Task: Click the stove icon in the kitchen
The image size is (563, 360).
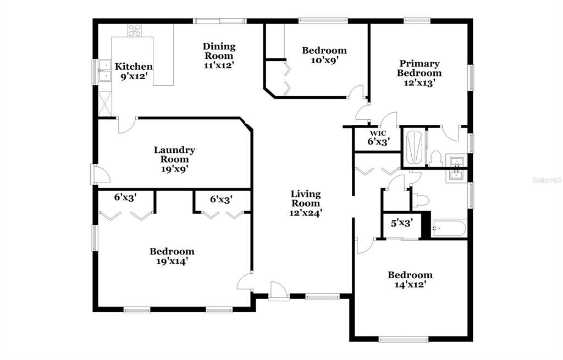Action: pos(135,30)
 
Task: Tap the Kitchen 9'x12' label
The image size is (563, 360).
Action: pos(134,71)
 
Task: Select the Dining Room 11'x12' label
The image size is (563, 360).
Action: pos(219,56)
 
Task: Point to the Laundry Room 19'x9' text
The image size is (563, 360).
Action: pos(174,159)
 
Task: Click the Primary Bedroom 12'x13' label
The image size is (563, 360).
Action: pos(420,73)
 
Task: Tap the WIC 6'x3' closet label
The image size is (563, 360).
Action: pos(378,137)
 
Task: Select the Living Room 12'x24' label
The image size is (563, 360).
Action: pos(306,203)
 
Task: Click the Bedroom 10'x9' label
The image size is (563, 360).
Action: pos(324,56)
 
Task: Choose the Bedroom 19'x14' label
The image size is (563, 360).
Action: pos(172,256)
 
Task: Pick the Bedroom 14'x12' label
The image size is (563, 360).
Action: pos(410,280)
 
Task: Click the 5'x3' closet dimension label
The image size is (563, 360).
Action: pos(401,224)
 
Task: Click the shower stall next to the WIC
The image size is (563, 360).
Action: pos(414,147)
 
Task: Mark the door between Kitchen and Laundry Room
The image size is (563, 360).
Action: pos(125,125)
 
